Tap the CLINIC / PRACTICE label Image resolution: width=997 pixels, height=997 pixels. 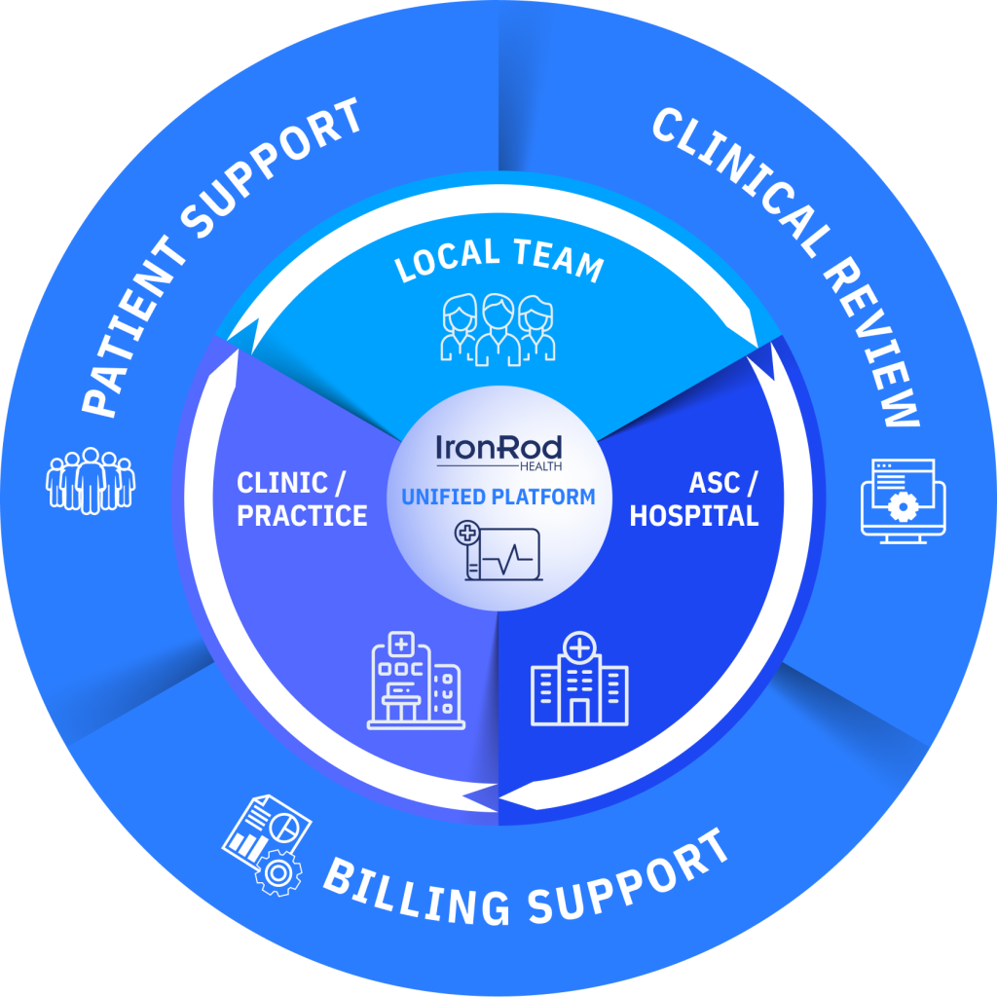302,499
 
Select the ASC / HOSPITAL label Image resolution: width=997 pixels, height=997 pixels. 693,499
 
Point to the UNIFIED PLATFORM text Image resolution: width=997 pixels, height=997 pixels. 498,498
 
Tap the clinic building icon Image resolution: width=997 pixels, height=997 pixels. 415,681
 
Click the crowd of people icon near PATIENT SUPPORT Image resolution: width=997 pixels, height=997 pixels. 91,478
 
